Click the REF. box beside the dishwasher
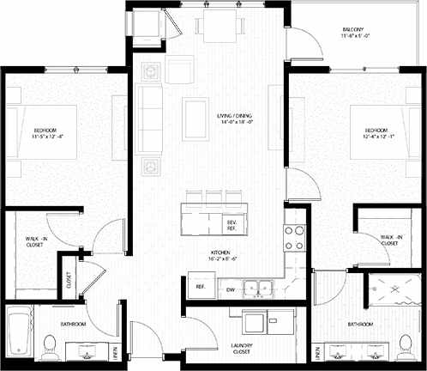[200, 286]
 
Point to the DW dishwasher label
[230, 290]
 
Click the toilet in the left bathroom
[49, 345]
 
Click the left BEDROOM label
[44, 131]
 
